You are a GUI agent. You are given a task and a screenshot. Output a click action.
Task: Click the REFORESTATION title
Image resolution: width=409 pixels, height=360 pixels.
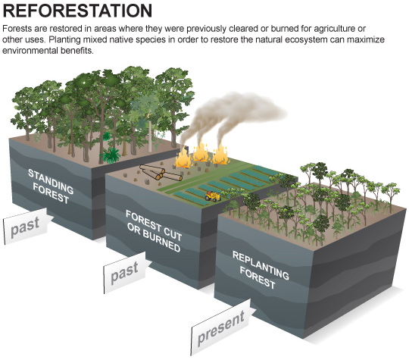77,11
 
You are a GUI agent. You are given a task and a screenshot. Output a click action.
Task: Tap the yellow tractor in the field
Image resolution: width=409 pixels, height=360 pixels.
213,196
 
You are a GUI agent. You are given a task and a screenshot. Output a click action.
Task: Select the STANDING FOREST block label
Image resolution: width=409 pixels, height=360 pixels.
51,186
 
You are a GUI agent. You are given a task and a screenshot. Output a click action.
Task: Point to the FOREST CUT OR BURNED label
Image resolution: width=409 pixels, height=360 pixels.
154,231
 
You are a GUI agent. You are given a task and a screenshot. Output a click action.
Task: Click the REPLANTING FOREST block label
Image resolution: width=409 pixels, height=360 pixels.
261,270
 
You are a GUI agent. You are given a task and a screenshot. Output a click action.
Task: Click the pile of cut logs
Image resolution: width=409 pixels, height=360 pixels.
161,173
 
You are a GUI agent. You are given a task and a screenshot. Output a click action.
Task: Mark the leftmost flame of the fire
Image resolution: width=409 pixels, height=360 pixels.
183,159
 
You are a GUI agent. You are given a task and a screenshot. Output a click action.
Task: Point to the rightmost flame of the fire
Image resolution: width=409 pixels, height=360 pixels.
220,155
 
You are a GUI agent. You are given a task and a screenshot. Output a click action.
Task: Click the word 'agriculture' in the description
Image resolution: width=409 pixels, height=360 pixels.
336,29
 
